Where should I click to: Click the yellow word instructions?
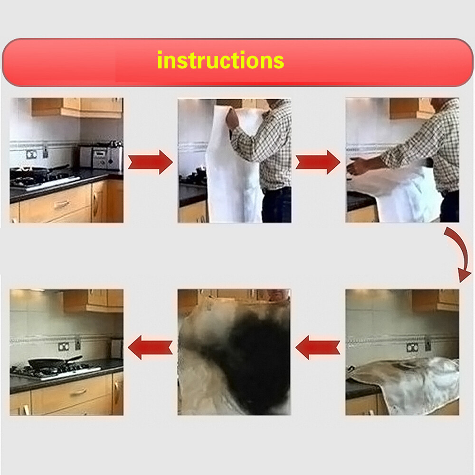coord(220,60)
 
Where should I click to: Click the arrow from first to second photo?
coord(150,162)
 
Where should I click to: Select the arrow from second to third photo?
coord(318,162)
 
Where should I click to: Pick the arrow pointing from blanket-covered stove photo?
coord(318,347)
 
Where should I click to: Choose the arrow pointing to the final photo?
coord(150,347)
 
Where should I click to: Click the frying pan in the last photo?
coord(55,362)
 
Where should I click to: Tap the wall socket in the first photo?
coord(31,154)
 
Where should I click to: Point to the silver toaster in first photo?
coord(101,157)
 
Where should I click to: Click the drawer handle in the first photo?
coord(61,205)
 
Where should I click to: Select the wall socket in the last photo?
coord(63,346)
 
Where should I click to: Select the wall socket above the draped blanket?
coord(412,347)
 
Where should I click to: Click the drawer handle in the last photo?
coord(78,392)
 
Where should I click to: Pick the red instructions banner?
coord(237,62)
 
